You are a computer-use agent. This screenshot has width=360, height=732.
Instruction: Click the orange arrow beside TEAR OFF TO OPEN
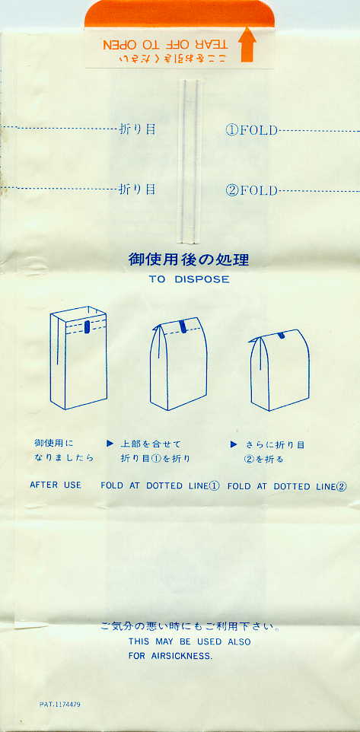pos(247,45)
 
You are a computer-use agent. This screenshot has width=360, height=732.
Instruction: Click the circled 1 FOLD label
pos(252,130)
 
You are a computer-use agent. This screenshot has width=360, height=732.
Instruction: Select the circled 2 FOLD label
pos(252,190)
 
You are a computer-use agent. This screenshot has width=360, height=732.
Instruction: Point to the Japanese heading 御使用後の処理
pos(189,259)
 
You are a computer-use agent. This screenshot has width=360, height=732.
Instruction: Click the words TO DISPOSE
pos(189,279)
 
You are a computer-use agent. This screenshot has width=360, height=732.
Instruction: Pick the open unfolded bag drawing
pos(79,358)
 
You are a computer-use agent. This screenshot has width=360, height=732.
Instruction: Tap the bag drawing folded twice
pos(279,371)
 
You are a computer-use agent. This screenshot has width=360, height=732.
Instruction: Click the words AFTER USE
pos(56,485)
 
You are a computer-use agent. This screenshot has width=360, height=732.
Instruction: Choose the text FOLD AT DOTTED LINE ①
pos(160,485)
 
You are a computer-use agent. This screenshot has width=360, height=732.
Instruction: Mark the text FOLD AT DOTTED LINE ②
pos(287,486)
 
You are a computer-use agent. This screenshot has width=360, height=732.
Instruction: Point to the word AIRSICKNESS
pos(182,656)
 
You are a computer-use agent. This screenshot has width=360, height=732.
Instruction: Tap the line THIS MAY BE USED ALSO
pos(190,642)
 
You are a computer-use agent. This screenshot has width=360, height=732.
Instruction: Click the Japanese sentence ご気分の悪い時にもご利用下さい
pos(190,626)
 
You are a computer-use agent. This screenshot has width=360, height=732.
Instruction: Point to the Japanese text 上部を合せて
pos(151,444)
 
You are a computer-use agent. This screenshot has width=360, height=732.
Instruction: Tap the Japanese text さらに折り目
pos(276,445)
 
